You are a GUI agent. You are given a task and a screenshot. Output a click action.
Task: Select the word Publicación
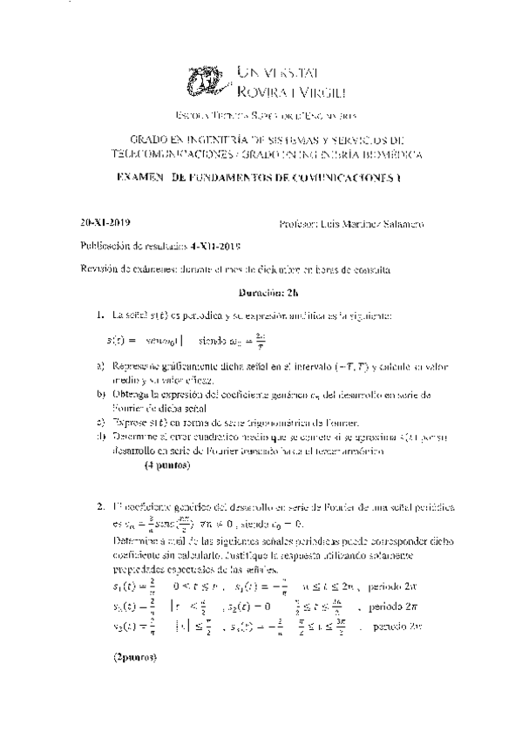click(x=109, y=247)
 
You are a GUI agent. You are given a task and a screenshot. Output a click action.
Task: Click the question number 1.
click(x=99, y=314)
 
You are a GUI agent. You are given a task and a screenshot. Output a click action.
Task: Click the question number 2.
click(x=99, y=506)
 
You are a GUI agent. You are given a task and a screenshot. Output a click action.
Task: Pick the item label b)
click(x=100, y=395)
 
